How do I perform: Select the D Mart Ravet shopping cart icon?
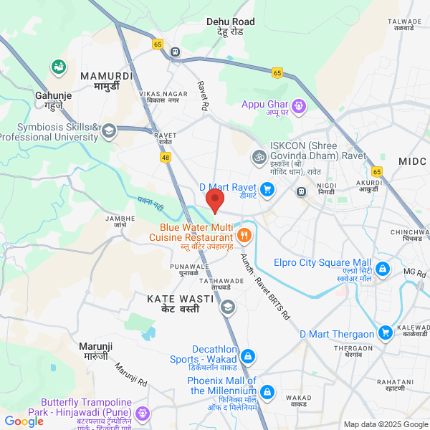(267, 189)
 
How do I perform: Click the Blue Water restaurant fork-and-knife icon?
(244, 234)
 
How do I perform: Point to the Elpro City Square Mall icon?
(383, 269)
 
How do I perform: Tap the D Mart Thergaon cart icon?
(386, 332)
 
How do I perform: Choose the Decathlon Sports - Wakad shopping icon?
(247, 356)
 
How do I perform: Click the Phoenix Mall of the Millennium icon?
(267, 392)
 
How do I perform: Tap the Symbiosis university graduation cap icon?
(108, 130)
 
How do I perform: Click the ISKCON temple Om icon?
(257, 156)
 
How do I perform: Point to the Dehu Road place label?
(230, 27)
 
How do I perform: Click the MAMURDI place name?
(106, 80)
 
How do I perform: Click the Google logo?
(24, 421)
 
